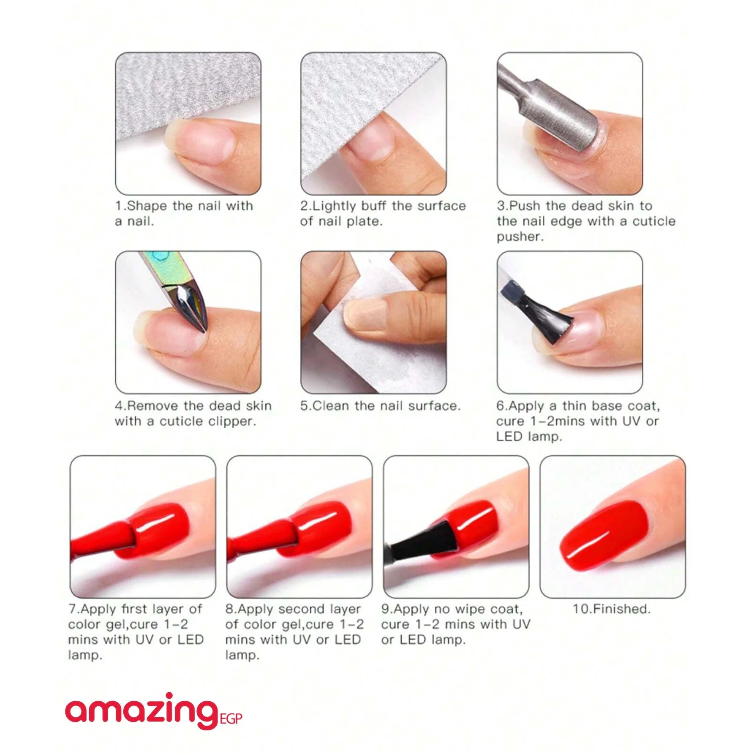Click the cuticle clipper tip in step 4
(x=203, y=327)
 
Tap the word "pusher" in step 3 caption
(x=518, y=237)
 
